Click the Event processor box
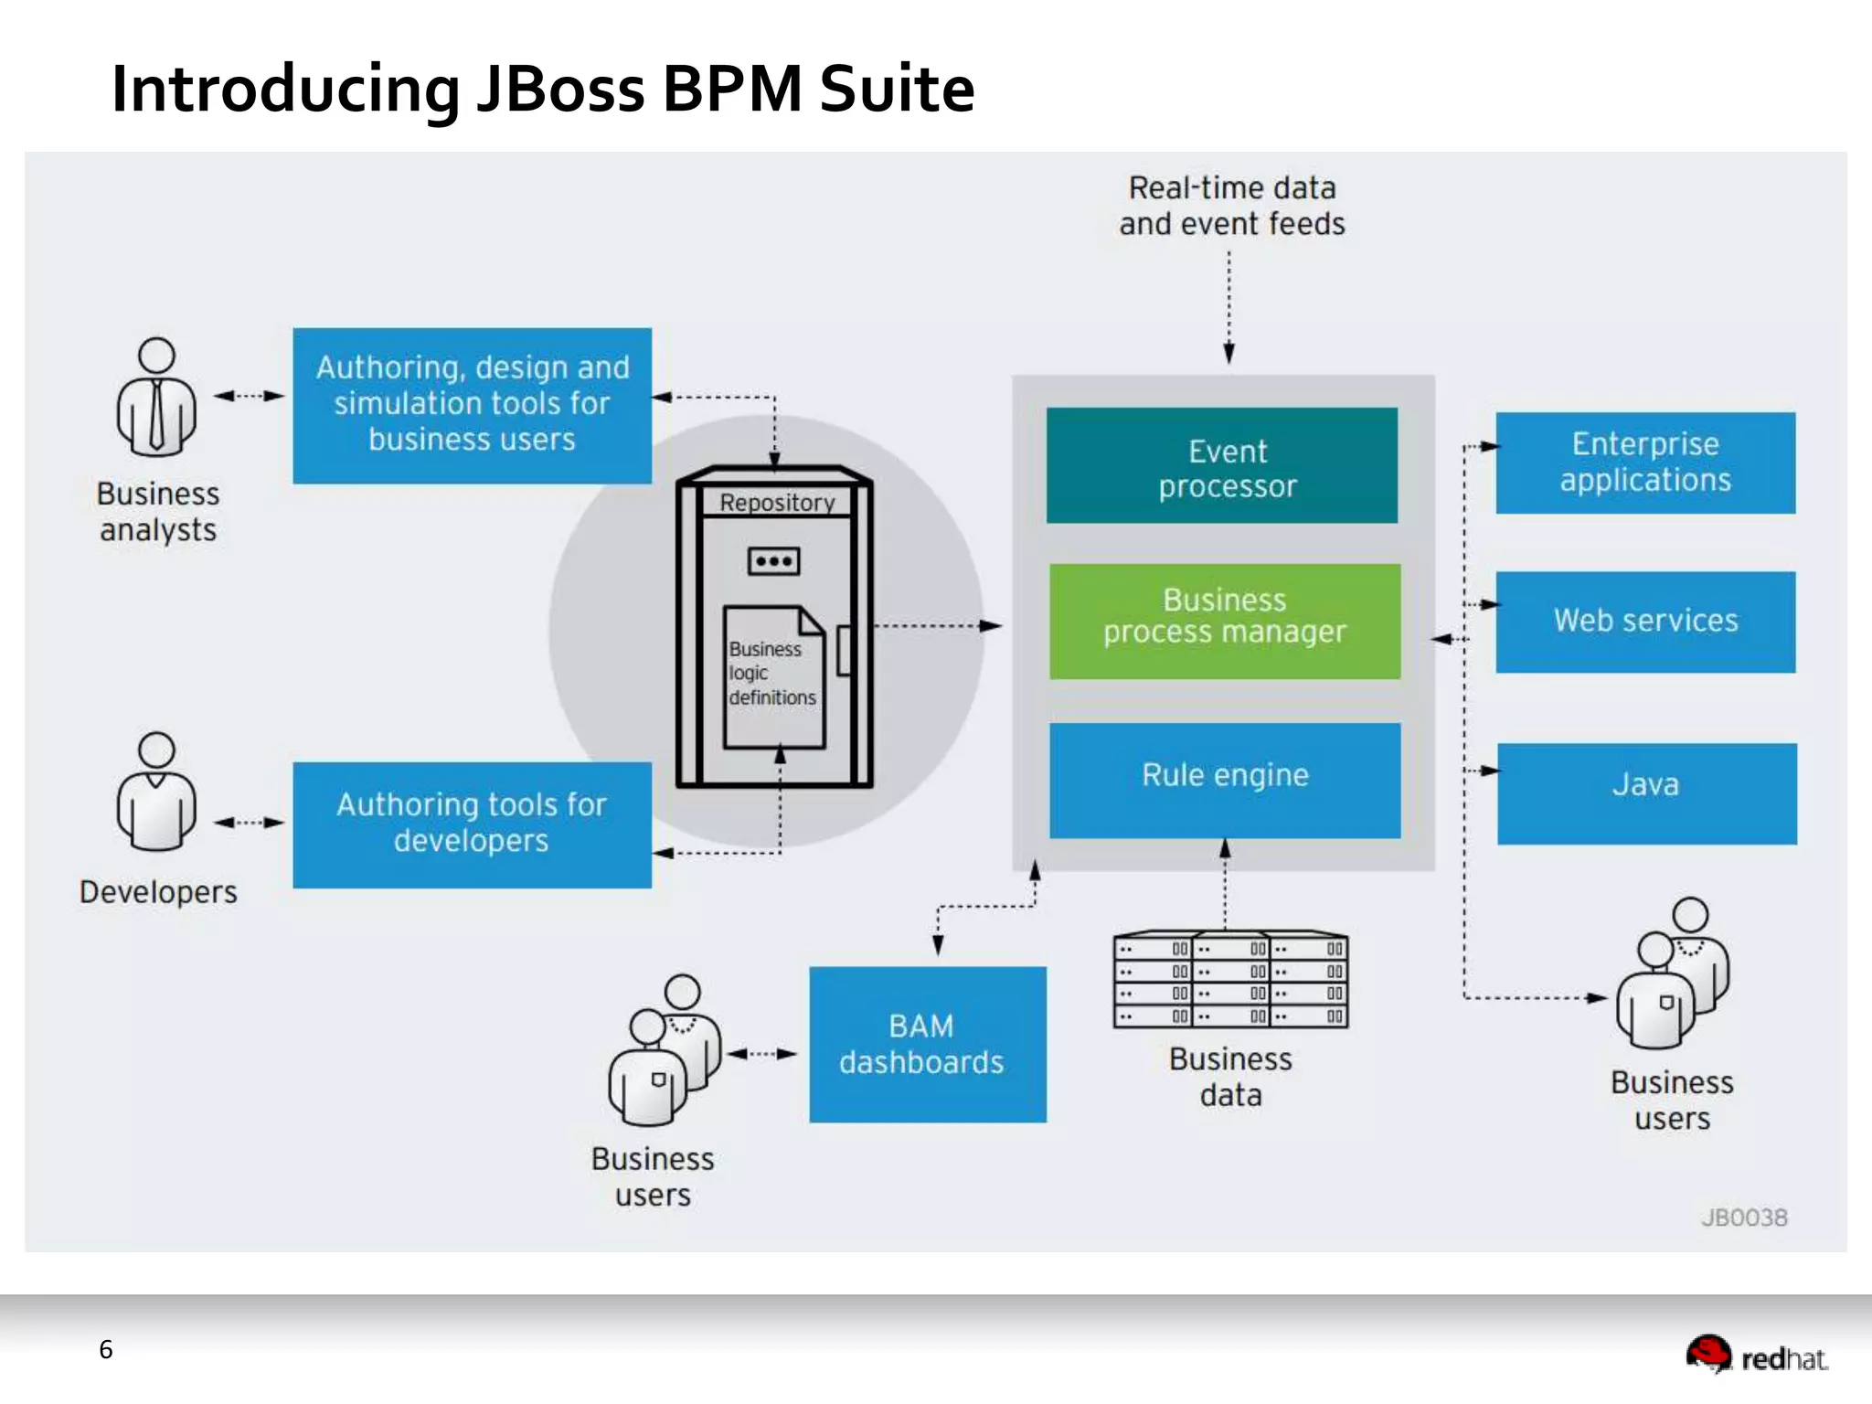click(1221, 465)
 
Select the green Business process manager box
click(1224, 621)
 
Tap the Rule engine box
click(1224, 780)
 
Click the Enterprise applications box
click(1644, 463)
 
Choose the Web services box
click(1644, 622)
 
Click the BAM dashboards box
click(927, 1044)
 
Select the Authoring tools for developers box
click(472, 824)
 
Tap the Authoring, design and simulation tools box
click(472, 405)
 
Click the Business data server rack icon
click(1230, 981)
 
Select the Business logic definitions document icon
click(773, 677)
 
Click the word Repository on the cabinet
click(777, 503)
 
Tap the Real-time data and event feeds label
click(1231, 206)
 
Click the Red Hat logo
click(1756, 1355)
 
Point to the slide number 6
click(106, 1350)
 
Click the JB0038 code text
click(1743, 1218)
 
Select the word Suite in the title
click(897, 90)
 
